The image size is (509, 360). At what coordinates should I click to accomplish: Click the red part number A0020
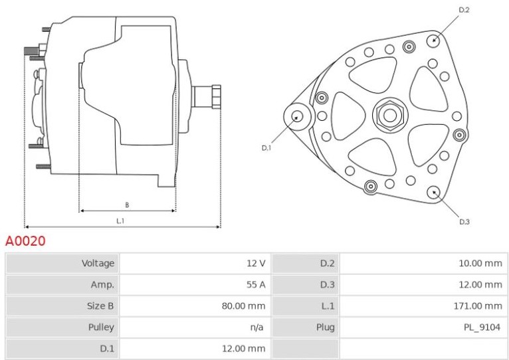pyautogui.click(x=25, y=241)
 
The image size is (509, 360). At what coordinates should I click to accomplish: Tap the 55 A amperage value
pyautogui.click(x=256, y=284)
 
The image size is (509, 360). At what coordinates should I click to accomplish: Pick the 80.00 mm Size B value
pyautogui.click(x=243, y=306)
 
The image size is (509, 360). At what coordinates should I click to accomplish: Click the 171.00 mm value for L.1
pyautogui.click(x=478, y=306)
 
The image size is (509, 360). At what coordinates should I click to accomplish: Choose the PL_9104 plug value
pyautogui.click(x=482, y=327)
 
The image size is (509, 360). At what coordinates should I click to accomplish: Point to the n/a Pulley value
pyautogui.click(x=256, y=327)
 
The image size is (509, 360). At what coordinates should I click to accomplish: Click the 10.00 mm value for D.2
pyautogui.click(x=480, y=263)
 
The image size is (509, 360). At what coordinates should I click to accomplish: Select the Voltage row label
pyautogui.click(x=98, y=263)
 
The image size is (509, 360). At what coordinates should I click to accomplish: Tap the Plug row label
pyautogui.click(x=325, y=327)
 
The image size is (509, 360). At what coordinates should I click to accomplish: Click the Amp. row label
pyautogui.click(x=102, y=285)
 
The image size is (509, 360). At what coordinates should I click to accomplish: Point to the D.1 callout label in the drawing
pyautogui.click(x=266, y=148)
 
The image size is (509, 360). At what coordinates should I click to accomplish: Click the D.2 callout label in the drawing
pyautogui.click(x=464, y=10)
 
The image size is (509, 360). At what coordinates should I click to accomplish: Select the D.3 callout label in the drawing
pyautogui.click(x=464, y=222)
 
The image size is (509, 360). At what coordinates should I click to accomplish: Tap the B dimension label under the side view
pyautogui.click(x=127, y=205)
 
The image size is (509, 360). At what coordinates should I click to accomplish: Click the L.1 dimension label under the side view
pyautogui.click(x=120, y=221)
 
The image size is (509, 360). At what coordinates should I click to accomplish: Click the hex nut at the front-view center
pyautogui.click(x=390, y=115)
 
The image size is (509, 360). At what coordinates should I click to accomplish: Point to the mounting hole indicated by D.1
pyautogui.click(x=297, y=116)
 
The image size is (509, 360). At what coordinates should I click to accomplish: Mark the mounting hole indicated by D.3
pyautogui.click(x=434, y=193)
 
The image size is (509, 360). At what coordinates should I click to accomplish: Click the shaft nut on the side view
pyautogui.click(x=216, y=97)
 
